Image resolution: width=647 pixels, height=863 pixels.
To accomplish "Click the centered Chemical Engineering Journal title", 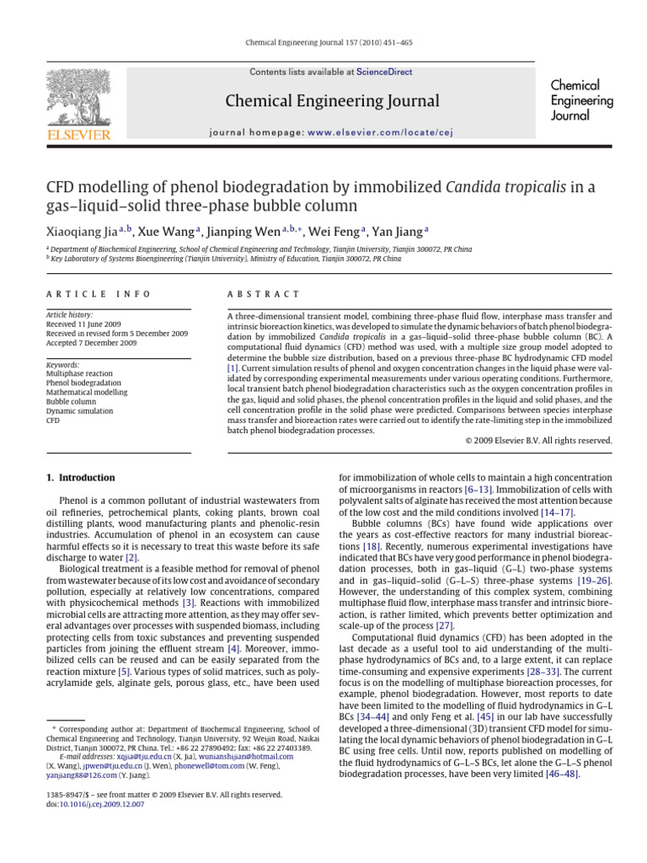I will pos(331,102).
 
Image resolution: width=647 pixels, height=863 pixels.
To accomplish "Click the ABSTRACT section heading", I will pos(263,294).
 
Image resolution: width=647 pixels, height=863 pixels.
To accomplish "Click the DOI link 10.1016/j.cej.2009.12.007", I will pos(102,804).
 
